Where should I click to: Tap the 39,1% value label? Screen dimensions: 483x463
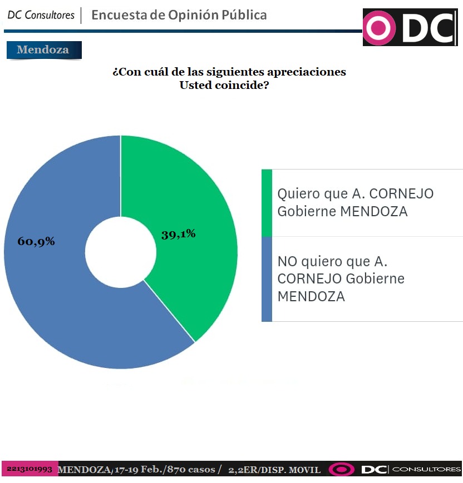click(178, 234)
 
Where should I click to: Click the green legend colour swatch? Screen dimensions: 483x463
click(267, 202)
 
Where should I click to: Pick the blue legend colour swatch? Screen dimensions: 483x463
click(267, 278)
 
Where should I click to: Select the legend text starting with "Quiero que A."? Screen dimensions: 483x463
click(355, 202)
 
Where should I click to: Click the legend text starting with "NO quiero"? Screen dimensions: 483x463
click(341, 278)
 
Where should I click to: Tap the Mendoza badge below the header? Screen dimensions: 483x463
click(43, 49)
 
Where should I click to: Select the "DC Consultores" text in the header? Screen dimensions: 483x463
click(41, 15)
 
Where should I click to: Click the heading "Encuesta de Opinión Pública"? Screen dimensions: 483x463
click(179, 15)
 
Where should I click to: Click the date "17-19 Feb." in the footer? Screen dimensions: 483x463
click(135, 470)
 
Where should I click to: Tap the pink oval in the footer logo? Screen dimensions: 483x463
click(341, 470)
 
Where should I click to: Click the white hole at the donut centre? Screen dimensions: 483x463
click(121, 252)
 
